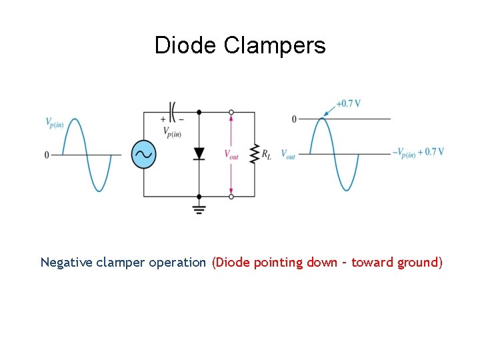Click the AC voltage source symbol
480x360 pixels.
pyautogui.click(x=143, y=155)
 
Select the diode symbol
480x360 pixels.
pyautogui.click(x=199, y=154)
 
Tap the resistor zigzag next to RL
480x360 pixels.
pyautogui.click(x=254, y=154)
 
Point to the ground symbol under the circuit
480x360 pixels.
pyautogui.click(x=199, y=208)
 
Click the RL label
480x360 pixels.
pyautogui.click(x=267, y=155)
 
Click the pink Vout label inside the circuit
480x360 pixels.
pyautogui.click(x=231, y=155)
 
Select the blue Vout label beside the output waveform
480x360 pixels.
pyautogui.click(x=288, y=155)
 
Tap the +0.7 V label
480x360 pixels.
pyautogui.click(x=349, y=103)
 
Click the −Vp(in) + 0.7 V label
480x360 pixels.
pyautogui.click(x=418, y=153)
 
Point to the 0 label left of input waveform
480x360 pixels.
pyautogui.click(x=47, y=155)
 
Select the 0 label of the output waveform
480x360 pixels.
pyautogui.click(x=294, y=119)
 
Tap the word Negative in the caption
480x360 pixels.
pyautogui.click(x=67, y=262)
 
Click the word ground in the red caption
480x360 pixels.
pyautogui.click(x=417, y=263)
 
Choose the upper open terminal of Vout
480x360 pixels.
pyautogui.click(x=231, y=112)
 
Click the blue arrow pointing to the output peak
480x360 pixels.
pyautogui.click(x=330, y=110)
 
